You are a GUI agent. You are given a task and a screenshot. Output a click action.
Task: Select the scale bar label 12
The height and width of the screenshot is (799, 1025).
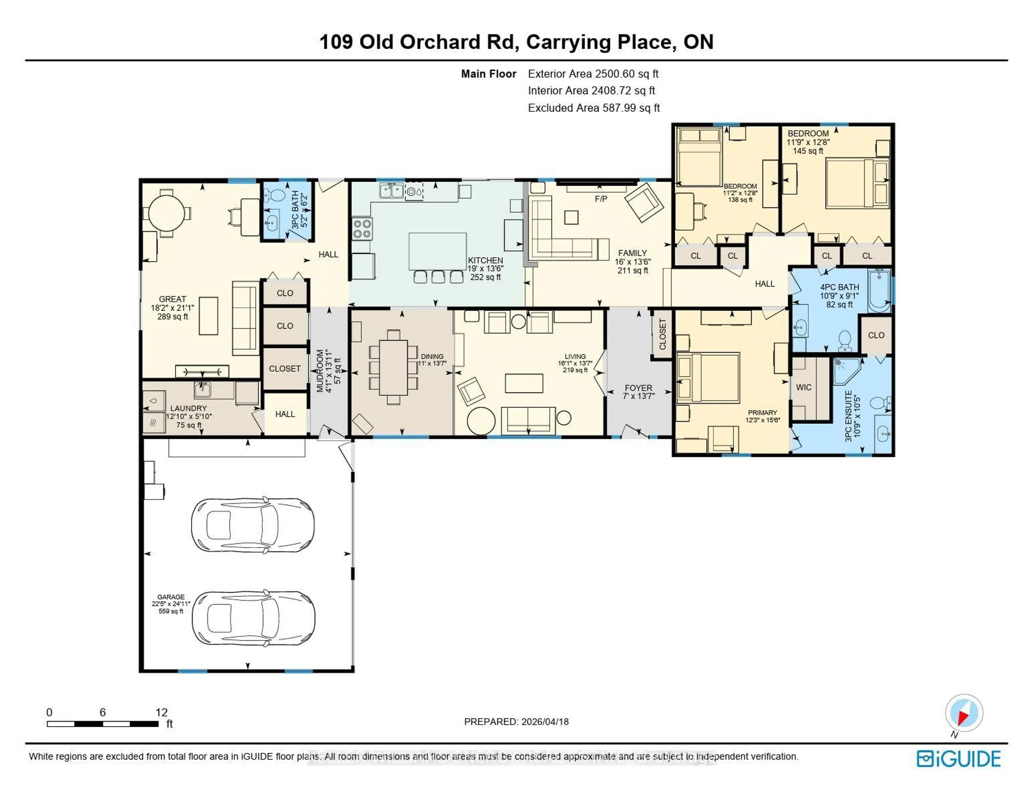[x=161, y=712]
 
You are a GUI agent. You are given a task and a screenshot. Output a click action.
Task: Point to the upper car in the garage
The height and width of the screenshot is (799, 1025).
[x=253, y=525]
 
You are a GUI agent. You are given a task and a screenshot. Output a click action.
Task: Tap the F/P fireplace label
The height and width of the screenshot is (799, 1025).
[x=601, y=199]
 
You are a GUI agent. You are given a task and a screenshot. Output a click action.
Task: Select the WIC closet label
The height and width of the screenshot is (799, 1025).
[x=803, y=387]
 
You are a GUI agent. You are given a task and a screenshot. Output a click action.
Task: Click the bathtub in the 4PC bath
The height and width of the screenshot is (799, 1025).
[x=878, y=291]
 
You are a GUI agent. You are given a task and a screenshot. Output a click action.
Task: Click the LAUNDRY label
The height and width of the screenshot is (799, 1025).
[x=188, y=408]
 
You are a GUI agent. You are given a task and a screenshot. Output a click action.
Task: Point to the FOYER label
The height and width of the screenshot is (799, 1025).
[x=638, y=388]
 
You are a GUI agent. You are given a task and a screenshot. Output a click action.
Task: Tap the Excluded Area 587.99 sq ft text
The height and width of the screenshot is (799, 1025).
[x=594, y=108]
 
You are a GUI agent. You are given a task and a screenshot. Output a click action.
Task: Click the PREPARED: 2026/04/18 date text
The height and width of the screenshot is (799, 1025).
[x=516, y=722]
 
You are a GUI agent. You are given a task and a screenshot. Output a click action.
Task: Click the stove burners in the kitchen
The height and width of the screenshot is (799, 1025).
[x=362, y=229]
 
